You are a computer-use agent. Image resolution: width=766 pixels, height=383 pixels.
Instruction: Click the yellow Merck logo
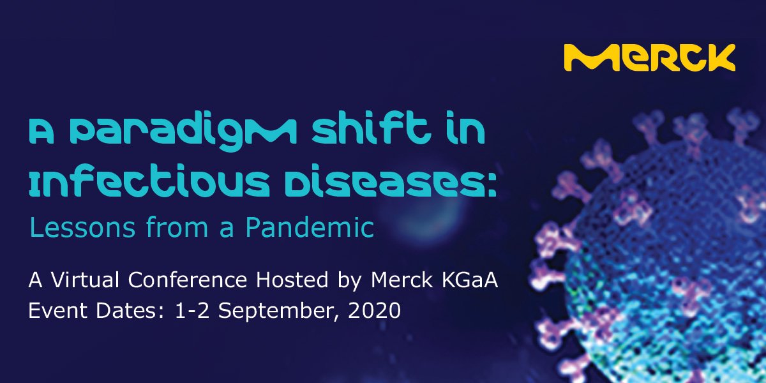(x=649, y=57)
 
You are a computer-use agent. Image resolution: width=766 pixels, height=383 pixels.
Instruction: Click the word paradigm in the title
(x=185, y=132)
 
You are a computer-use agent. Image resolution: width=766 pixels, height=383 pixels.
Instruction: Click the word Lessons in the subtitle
(x=82, y=227)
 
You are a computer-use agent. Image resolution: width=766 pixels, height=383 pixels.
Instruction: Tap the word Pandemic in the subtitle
(x=310, y=227)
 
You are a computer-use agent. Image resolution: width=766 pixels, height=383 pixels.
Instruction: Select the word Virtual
(x=85, y=280)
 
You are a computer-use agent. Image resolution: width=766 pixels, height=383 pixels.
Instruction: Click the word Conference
(x=188, y=280)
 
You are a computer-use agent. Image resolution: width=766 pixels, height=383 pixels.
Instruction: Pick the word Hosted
(x=292, y=280)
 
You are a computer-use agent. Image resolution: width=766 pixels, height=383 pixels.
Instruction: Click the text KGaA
(x=470, y=280)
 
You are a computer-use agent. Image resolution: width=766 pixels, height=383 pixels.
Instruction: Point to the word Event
(x=57, y=310)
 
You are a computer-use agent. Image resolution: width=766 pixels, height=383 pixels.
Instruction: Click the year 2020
(x=375, y=310)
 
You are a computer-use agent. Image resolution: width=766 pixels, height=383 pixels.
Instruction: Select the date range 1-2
(x=192, y=310)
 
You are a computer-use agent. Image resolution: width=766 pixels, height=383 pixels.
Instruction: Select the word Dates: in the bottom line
(x=130, y=310)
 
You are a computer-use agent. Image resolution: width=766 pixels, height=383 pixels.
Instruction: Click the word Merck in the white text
(x=402, y=280)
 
